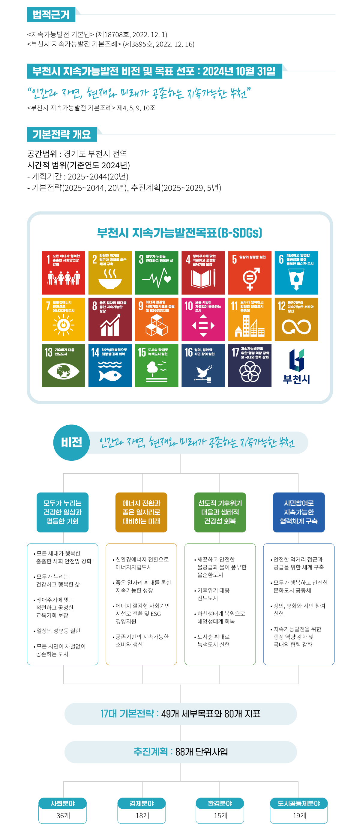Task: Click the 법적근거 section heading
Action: pos(51,15)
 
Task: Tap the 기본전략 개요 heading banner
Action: pos(62,134)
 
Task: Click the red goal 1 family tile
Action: pos(63,273)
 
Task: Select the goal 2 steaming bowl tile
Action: pos(110,273)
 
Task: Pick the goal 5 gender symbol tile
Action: pos(250,273)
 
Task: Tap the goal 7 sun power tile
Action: pos(63,319)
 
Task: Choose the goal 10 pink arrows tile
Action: pos(203,319)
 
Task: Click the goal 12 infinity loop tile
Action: pos(296,319)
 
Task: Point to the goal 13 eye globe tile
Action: pos(63,366)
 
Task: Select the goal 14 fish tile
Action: pos(110,366)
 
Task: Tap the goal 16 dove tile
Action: pos(203,366)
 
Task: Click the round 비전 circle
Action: pos(71,442)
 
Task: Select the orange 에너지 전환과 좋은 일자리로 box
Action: pos(141,512)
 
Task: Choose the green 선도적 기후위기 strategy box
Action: pos(220,512)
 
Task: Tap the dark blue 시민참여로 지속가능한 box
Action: pos(298,512)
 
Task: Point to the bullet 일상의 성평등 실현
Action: pos(58,631)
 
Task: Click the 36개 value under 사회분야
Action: pos(63,815)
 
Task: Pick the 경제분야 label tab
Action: pos(141,804)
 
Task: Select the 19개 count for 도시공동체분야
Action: pos(299,815)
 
